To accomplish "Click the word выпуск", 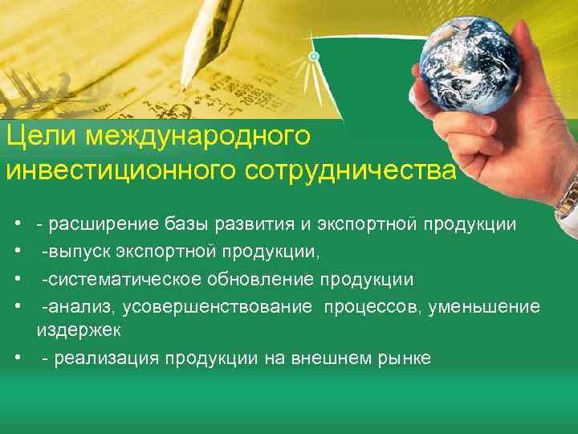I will click(79, 252).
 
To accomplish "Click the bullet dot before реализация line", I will click(17, 358).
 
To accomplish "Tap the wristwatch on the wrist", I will click(568, 197).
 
